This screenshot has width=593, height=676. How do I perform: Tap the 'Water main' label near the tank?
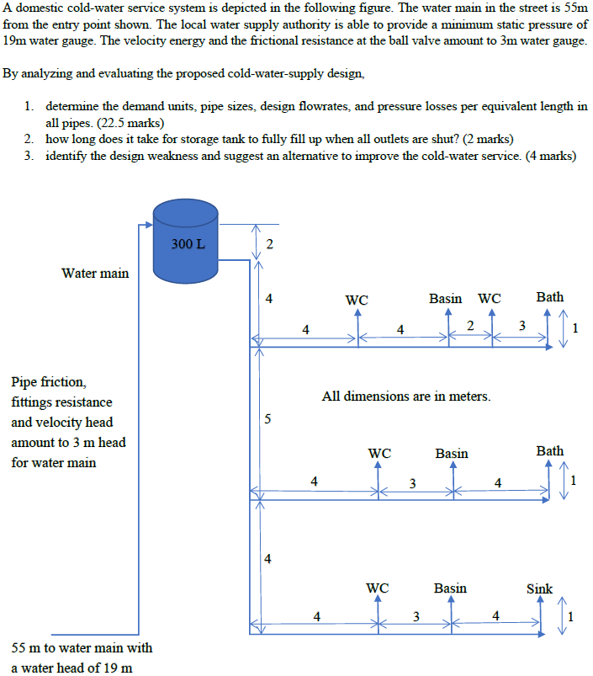pyautogui.click(x=95, y=273)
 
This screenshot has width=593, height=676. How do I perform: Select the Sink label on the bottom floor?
pyautogui.click(x=539, y=588)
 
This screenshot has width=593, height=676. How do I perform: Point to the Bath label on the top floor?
pyautogui.click(x=549, y=297)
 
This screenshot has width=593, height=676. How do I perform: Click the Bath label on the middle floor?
pyautogui.click(x=549, y=451)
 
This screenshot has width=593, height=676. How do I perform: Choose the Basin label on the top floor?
pyautogui.click(x=445, y=298)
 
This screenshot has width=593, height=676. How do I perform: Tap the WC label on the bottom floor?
pyautogui.click(x=378, y=588)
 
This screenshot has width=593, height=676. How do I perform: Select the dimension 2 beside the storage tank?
pyautogui.click(x=268, y=245)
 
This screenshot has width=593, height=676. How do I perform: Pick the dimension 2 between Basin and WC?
pyautogui.click(x=470, y=325)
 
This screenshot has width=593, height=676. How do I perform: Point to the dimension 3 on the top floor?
pyautogui.click(x=522, y=325)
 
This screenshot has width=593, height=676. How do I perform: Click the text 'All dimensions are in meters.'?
pyautogui.click(x=406, y=396)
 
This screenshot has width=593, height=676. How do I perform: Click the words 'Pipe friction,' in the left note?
pyautogui.click(x=48, y=382)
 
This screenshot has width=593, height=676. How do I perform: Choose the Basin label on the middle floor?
pyautogui.click(x=452, y=454)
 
